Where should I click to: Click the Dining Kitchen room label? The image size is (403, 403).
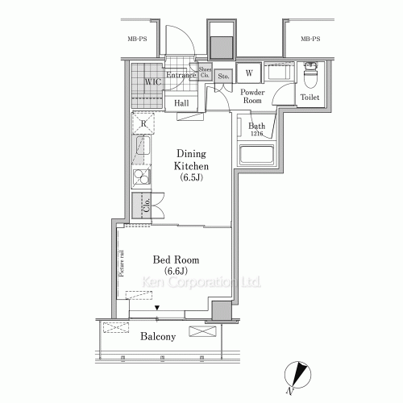[193, 165]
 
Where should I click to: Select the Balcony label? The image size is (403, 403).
[156, 336]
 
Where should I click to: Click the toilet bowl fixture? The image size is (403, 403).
[310, 80]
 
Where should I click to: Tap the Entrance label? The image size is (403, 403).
[181, 75]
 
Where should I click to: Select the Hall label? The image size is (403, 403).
[181, 103]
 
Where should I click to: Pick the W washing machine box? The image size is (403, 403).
[249, 73]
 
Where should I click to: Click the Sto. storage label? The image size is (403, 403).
[223, 77]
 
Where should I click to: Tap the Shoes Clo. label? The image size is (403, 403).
[205, 73]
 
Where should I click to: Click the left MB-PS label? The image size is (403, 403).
[138, 38]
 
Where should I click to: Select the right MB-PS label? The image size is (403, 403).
[310, 38]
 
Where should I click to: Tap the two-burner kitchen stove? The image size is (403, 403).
[142, 179]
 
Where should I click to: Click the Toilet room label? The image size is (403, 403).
[310, 98]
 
